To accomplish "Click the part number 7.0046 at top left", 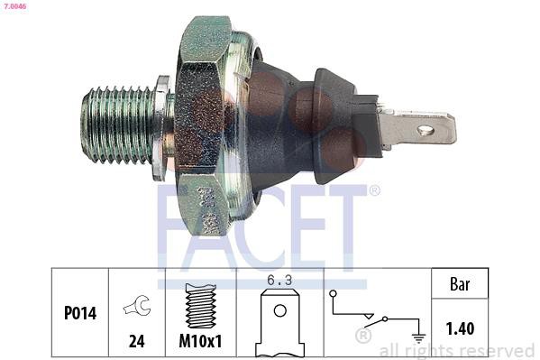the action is [14, 5].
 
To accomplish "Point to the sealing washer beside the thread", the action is [160, 128].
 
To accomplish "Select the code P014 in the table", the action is [80, 313].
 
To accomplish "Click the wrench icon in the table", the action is [137, 306].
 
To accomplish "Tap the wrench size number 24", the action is [137, 341].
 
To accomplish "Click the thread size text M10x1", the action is [200, 341].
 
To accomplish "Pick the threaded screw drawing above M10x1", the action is [201, 306].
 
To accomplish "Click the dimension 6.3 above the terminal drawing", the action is [279, 281].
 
